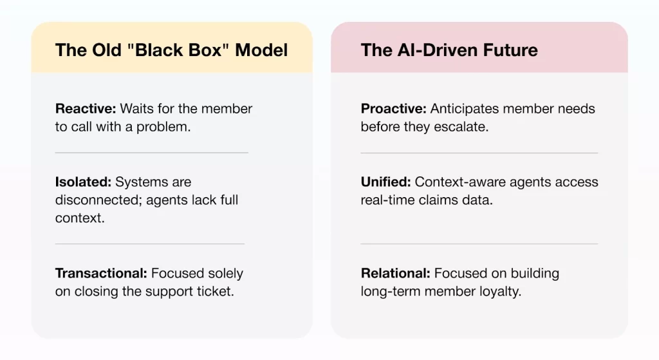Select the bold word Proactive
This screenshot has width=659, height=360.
(x=392, y=109)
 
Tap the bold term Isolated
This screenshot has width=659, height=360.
(x=82, y=182)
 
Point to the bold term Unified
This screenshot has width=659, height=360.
(x=385, y=182)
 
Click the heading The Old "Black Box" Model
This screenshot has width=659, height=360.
(x=171, y=50)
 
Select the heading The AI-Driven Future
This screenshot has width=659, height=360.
(x=449, y=50)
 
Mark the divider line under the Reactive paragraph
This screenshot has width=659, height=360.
(x=151, y=153)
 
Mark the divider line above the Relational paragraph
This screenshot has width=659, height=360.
(x=479, y=244)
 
